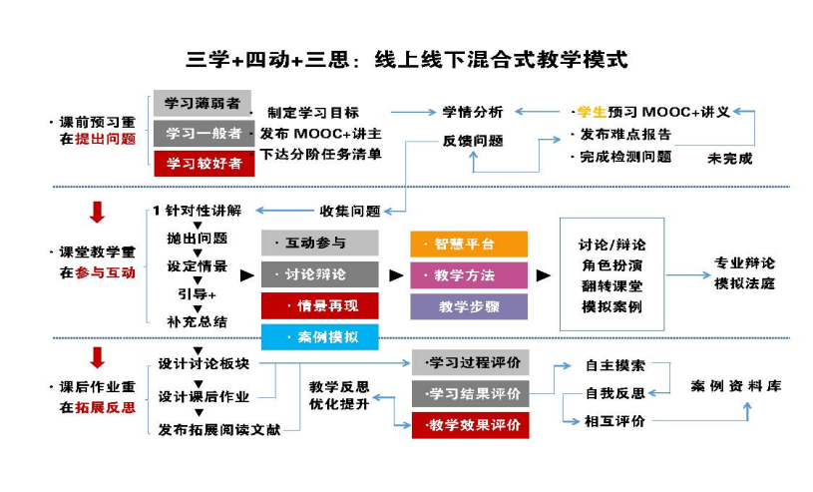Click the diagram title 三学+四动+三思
pos(407,59)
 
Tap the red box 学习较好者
pos(203,163)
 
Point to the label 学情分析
pos(473,112)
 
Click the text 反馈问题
pos(473,141)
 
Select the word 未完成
pos(729,158)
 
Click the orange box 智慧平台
pos(468,244)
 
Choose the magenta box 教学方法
pos(468,274)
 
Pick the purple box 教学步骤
pos(468,305)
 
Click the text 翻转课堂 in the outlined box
pos(611,286)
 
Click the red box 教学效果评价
pos(471,425)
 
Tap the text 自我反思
pos(614,393)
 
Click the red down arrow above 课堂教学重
pos(97,213)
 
